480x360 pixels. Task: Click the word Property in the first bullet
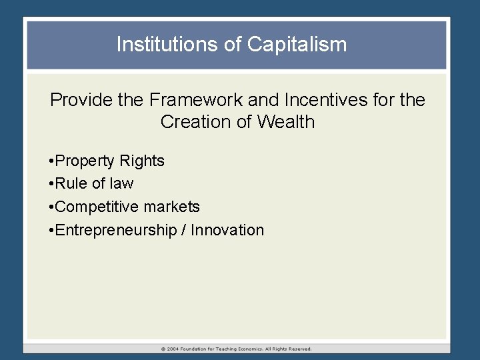click(84, 161)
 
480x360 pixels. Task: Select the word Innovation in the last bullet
click(227, 230)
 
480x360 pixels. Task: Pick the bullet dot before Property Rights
click(51, 161)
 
